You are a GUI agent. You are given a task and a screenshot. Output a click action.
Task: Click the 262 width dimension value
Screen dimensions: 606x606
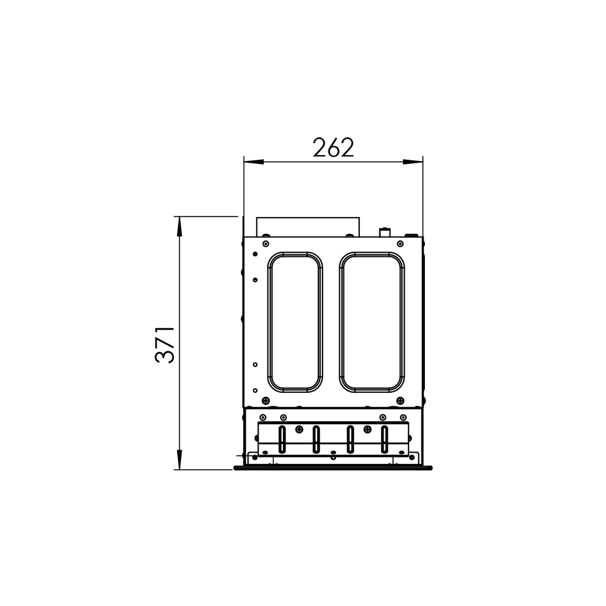tap(333, 147)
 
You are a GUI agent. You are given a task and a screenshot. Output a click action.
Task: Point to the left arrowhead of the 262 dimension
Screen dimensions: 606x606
tap(254, 162)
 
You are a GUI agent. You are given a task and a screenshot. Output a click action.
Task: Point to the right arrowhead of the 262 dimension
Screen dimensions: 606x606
tap(412, 162)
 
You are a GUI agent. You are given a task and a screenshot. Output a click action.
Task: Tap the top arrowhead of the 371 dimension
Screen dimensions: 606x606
tap(179, 227)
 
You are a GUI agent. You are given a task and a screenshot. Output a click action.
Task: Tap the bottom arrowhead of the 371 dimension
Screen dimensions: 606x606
tap(179, 459)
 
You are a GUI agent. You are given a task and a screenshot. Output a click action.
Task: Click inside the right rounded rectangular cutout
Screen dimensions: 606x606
tap(372, 323)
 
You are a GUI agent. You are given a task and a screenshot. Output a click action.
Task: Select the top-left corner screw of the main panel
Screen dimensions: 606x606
tap(265, 243)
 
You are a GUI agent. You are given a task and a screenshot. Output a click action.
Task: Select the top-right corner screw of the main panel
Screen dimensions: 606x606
tap(401, 243)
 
